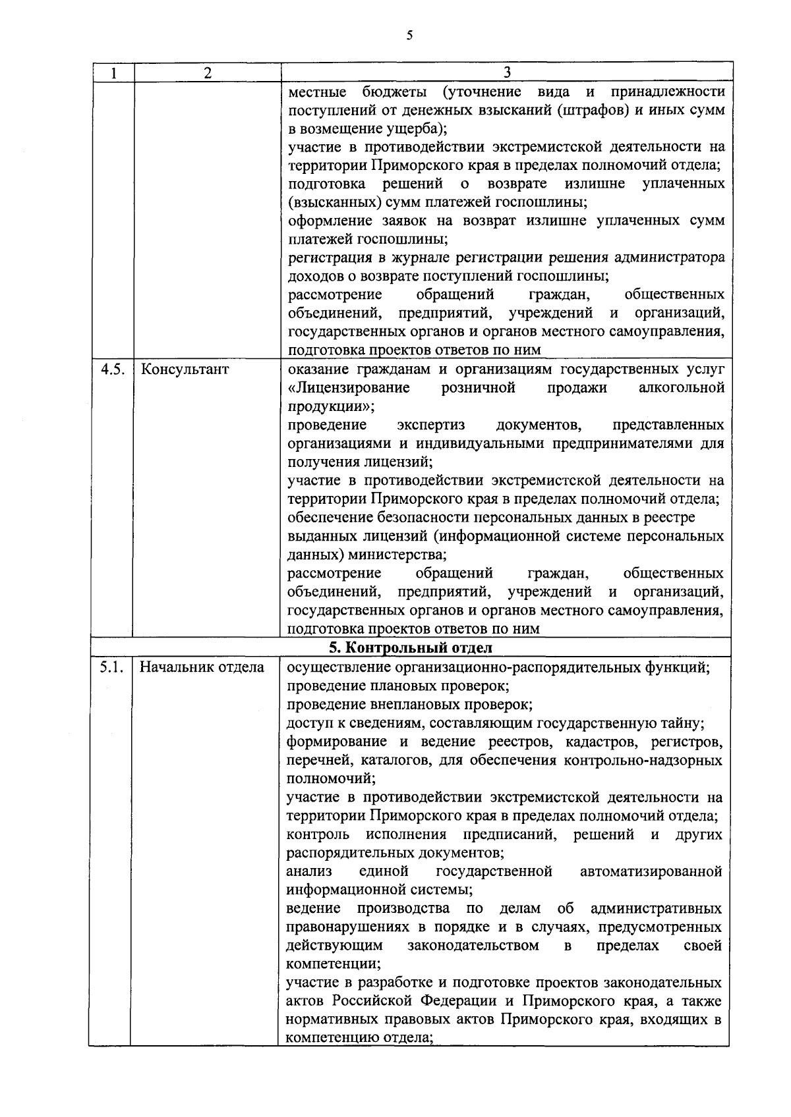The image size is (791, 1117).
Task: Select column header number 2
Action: tap(208, 72)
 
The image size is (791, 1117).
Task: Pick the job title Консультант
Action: tap(185, 369)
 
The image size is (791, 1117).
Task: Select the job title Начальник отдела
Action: tap(202, 668)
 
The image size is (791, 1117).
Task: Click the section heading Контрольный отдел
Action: tap(411, 647)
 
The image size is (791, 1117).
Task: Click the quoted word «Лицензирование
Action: tap(349, 387)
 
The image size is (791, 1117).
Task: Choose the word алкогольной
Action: tap(682, 387)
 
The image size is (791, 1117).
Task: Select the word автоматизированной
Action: tap(651, 872)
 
